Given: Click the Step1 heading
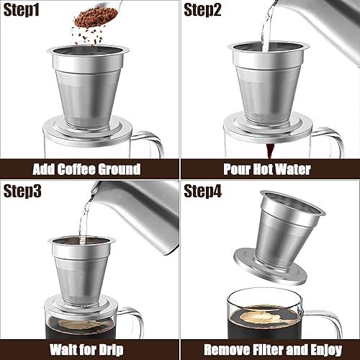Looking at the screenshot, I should (25, 10).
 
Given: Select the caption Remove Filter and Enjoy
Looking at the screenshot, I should (270, 350).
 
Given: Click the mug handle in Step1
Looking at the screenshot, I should (155, 144).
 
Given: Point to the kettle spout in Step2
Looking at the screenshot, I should (277, 11).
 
